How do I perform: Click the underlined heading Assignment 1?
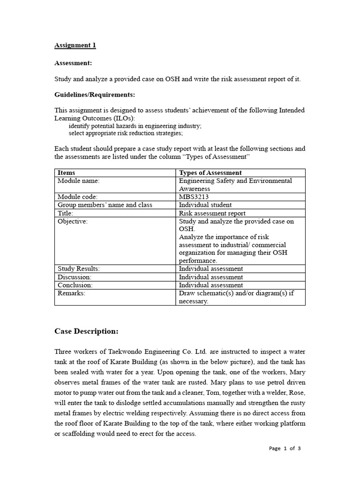[x=75, y=45]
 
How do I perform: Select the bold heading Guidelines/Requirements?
[x=95, y=95]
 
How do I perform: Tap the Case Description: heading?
[x=86, y=331]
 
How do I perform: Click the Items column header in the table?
[x=66, y=173]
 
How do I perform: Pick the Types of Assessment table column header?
[x=210, y=173]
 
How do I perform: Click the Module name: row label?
[x=78, y=181]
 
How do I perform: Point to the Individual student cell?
[x=205, y=205]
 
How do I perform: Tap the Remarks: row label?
[x=71, y=293]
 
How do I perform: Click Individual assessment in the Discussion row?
[x=211, y=277]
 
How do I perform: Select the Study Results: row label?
[x=78, y=269]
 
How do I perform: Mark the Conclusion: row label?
[x=75, y=285]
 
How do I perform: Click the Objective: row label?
[x=73, y=221]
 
